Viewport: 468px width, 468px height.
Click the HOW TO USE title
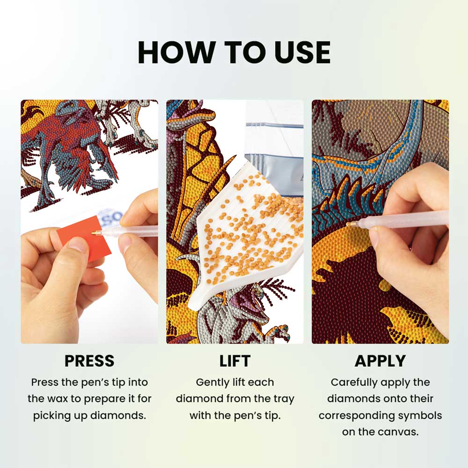234,52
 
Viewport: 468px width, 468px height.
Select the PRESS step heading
89,361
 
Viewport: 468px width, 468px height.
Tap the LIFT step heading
234,361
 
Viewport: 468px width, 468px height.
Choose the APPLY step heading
380,361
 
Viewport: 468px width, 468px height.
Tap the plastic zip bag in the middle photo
276,140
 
